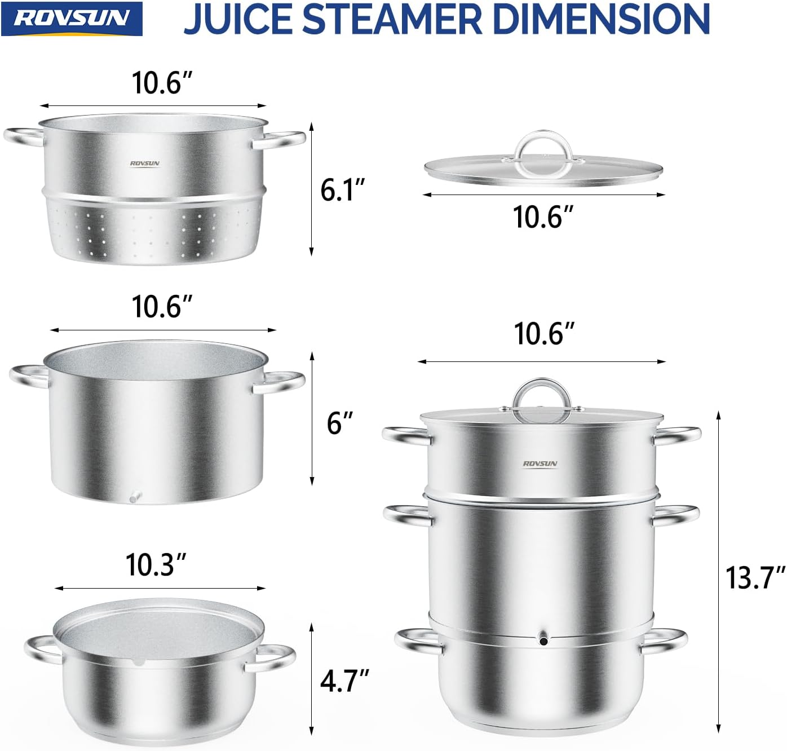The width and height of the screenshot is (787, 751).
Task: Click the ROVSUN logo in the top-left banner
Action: [x=72, y=19]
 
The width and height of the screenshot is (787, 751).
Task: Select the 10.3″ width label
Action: [x=156, y=564]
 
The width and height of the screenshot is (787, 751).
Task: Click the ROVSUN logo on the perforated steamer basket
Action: [x=145, y=164]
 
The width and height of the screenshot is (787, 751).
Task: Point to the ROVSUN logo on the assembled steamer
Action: [x=540, y=463]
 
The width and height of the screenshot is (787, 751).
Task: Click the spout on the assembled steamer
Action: [x=543, y=640]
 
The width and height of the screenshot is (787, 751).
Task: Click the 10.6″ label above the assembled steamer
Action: [x=545, y=334]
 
